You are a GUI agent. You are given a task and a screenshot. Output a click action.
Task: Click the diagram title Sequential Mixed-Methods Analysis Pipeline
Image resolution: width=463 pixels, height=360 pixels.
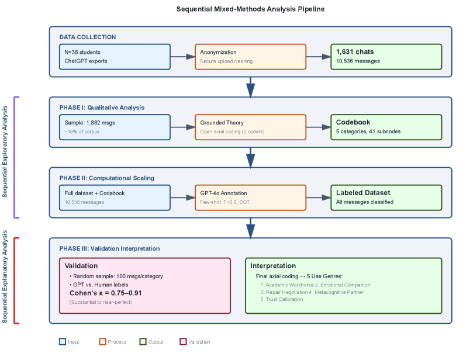click(250, 9)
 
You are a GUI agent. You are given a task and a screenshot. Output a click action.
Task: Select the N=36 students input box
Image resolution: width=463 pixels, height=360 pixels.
click(115, 57)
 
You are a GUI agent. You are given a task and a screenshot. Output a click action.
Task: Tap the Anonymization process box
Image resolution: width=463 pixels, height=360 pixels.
click(250, 57)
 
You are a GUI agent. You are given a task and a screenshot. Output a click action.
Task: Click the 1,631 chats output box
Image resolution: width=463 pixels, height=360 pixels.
click(386, 57)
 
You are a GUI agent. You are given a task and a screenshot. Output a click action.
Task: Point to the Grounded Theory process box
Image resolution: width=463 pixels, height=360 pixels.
click(250, 127)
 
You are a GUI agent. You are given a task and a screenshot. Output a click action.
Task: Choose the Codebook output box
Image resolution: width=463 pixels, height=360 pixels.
click(386, 127)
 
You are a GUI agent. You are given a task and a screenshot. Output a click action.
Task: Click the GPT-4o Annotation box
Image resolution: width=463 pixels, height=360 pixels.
click(250, 198)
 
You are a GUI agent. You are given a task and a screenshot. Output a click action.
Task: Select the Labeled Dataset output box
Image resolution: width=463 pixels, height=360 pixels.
click(386, 198)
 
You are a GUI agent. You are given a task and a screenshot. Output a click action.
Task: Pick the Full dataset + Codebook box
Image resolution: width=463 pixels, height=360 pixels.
click(115, 198)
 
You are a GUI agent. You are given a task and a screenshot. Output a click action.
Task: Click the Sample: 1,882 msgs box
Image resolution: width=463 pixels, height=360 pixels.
click(115, 127)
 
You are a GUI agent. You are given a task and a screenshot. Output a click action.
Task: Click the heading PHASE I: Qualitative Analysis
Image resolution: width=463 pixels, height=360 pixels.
click(102, 108)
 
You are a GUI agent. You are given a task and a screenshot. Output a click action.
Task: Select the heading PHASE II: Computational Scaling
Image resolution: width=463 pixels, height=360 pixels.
click(106, 178)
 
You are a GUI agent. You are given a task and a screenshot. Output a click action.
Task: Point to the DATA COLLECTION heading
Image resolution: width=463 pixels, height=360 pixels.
click(88, 37)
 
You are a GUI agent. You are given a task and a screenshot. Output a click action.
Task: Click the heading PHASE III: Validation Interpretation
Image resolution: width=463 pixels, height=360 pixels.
click(109, 248)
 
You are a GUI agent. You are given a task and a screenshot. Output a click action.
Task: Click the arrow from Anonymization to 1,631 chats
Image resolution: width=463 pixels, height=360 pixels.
click(318, 57)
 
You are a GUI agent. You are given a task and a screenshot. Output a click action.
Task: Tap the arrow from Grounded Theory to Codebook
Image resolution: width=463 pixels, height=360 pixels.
click(318, 127)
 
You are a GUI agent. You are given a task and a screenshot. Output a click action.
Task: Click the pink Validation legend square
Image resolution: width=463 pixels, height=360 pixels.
click(183, 341)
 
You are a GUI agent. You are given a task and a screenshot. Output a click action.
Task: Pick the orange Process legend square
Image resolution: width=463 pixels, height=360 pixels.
click(102, 341)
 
